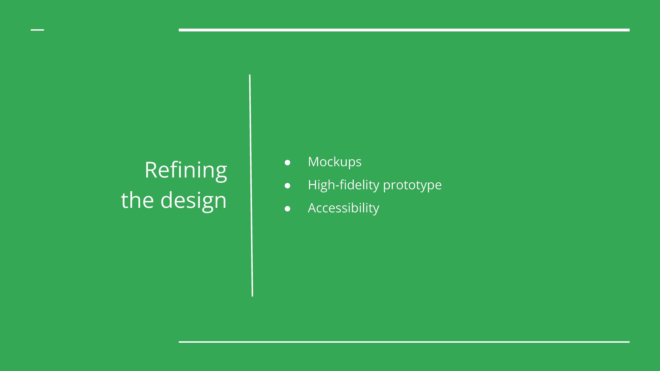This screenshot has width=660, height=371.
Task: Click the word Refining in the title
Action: point(186,171)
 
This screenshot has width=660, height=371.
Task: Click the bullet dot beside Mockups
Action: point(288,163)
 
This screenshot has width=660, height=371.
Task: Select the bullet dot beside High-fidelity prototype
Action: point(288,186)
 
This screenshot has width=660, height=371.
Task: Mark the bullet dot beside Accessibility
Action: point(288,209)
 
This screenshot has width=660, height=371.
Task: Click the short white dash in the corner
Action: point(37,30)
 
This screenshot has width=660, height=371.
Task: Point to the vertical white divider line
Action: point(251,185)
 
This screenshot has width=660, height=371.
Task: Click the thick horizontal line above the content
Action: point(404,30)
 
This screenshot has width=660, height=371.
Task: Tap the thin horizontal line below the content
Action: point(404,342)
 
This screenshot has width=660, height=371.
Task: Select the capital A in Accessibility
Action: point(313,208)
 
